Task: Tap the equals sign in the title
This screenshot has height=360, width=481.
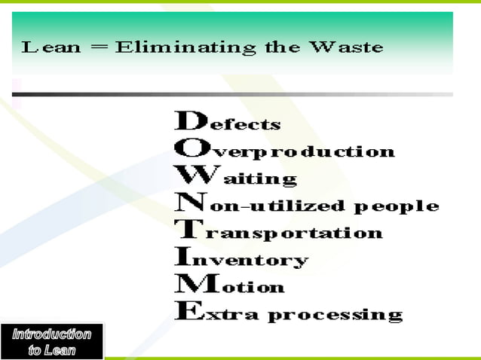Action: [98, 48]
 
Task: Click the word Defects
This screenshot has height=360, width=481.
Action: [228, 122]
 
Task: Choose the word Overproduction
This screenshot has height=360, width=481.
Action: [285, 150]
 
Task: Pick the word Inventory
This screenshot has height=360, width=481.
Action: [241, 260]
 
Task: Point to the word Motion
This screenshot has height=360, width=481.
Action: [230, 286]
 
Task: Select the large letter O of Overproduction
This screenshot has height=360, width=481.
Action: [188, 148]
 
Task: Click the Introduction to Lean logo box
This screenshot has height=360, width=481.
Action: [52, 341]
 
